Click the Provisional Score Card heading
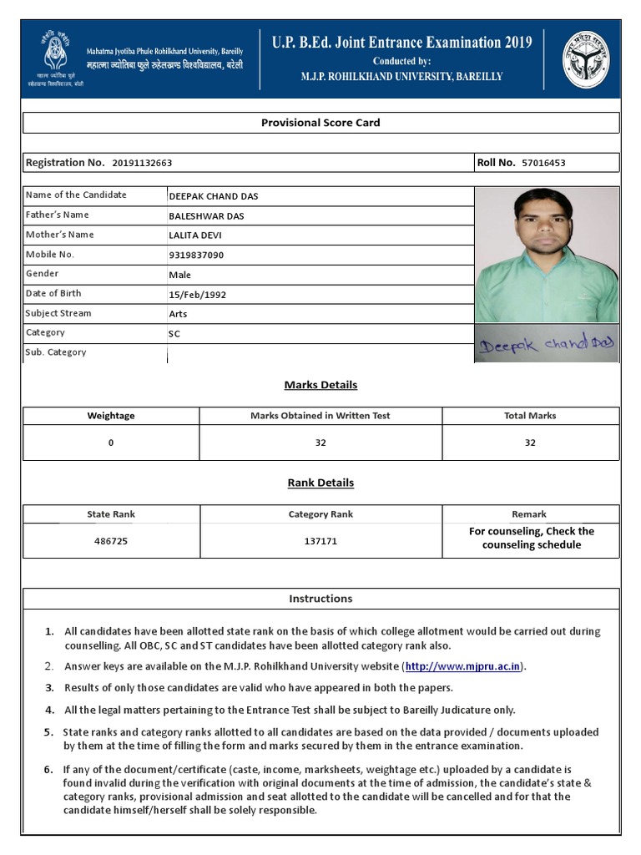[320, 123]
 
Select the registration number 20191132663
[142, 163]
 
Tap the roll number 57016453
[543, 163]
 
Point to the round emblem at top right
[585, 59]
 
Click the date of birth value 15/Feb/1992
[197, 295]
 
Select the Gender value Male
[179, 275]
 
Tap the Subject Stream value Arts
[178, 314]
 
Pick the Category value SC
[174, 334]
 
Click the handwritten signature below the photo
[546, 345]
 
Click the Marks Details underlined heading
[320, 385]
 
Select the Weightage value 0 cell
[111, 443]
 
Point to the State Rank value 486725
[111, 541]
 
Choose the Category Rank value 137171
[320, 541]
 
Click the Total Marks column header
[530, 416]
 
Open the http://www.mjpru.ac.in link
[463, 666]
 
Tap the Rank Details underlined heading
[320, 483]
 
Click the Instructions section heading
[320, 599]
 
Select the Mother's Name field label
[59, 235]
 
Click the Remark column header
[529, 514]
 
